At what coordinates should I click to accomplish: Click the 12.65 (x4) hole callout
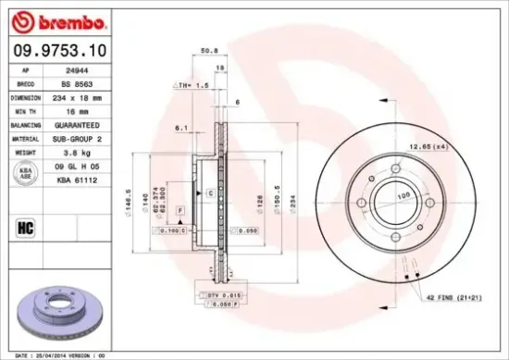(x=454, y=145)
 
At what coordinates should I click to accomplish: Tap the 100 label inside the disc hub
(x=403, y=197)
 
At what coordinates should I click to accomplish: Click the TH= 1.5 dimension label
(x=189, y=84)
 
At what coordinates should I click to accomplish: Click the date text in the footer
(x=56, y=354)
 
